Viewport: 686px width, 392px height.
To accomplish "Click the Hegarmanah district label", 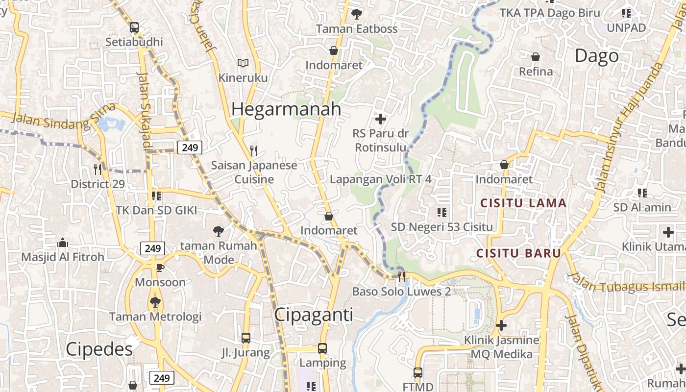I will (x=286, y=109).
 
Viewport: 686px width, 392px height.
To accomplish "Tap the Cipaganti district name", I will (x=314, y=315).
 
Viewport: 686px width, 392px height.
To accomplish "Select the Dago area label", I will (x=596, y=56).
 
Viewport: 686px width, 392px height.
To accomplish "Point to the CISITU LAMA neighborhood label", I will (x=523, y=203).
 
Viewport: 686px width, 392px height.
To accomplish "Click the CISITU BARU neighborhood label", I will (x=518, y=253).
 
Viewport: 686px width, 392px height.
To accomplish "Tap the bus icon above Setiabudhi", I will (x=134, y=27).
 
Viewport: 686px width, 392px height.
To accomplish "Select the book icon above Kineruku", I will (x=243, y=63).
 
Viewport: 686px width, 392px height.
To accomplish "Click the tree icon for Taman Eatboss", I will (x=356, y=14).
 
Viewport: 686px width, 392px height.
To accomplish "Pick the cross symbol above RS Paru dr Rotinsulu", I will (x=381, y=119).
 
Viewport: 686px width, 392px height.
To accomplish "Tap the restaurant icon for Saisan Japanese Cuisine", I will (x=253, y=150).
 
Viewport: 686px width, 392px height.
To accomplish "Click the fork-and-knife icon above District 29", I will (x=98, y=170).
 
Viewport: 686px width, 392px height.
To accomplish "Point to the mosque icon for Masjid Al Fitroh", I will (x=62, y=243).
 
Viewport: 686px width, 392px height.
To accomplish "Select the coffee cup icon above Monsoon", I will (x=160, y=268).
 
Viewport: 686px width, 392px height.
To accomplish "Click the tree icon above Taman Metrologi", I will (x=155, y=302).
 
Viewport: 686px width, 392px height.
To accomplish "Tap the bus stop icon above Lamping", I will (x=322, y=348).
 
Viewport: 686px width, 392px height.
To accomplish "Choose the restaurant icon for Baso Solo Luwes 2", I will (x=402, y=277).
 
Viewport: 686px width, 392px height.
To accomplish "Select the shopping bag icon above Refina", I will (x=536, y=57).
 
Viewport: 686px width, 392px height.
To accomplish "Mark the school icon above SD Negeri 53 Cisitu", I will (x=441, y=212).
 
